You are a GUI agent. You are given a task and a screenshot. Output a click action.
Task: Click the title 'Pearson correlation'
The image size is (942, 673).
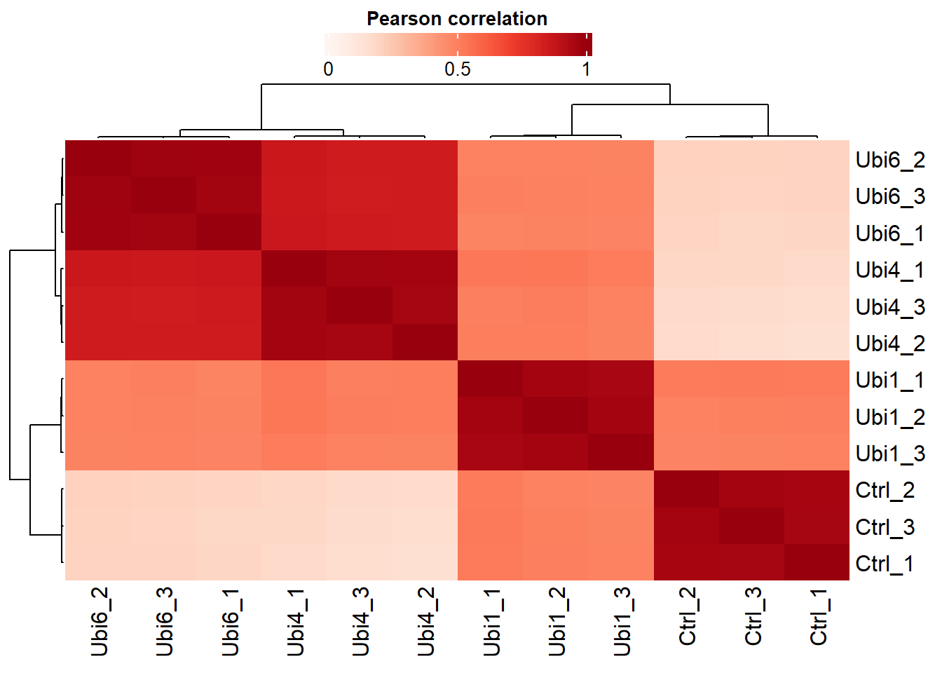pyautogui.click(x=457, y=19)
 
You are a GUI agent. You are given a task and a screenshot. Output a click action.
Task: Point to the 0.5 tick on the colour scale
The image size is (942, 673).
pyautogui.click(x=458, y=69)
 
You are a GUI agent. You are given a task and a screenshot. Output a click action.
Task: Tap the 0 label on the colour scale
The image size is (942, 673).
pyautogui.click(x=328, y=69)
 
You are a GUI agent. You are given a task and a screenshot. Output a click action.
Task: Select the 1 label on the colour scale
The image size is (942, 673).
pyautogui.click(x=586, y=69)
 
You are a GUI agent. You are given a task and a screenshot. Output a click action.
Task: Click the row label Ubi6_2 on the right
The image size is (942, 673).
pyautogui.click(x=890, y=160)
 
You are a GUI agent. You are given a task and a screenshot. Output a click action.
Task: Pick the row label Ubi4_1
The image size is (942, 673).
pyautogui.click(x=890, y=270)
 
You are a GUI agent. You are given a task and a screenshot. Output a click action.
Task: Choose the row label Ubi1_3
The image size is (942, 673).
pyautogui.click(x=890, y=454)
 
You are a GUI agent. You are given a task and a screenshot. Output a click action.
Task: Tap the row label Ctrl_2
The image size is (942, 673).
pyautogui.click(x=885, y=490)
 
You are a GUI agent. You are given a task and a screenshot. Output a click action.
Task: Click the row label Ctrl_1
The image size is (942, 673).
pyautogui.click(x=885, y=564)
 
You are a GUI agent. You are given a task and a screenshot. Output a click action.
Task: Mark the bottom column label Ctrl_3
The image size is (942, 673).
pyautogui.click(x=753, y=617)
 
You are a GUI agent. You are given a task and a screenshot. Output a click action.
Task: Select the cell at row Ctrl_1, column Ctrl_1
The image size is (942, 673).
pyautogui.click(x=817, y=562)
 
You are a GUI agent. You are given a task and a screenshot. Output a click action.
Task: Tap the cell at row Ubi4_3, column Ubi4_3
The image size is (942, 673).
pyautogui.click(x=360, y=306)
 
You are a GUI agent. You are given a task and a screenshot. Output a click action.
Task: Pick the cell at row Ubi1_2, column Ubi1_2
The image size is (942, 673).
pyautogui.click(x=556, y=416)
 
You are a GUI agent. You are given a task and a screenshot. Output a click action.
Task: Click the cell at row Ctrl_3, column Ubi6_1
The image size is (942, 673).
pyautogui.click(x=229, y=526)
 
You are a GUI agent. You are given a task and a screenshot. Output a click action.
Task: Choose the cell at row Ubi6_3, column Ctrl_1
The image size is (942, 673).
pyautogui.click(x=817, y=196)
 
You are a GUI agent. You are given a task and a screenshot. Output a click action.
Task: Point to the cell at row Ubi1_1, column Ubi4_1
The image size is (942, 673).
pyautogui.click(x=294, y=379)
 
